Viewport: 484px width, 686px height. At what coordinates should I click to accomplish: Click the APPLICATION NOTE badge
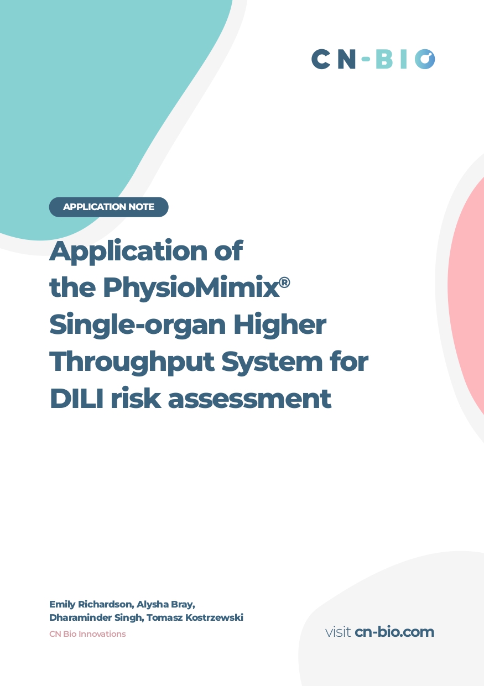(108, 207)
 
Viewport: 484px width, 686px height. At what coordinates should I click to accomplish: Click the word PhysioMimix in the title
(191, 287)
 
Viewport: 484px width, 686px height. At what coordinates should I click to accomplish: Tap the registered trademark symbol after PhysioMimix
(285, 282)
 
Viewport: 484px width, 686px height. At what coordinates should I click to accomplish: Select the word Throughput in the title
(132, 362)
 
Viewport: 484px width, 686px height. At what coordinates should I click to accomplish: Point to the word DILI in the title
(76, 399)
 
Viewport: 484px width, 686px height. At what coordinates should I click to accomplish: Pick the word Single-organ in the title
(138, 325)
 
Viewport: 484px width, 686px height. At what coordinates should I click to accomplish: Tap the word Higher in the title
(280, 324)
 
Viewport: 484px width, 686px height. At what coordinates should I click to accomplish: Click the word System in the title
(272, 362)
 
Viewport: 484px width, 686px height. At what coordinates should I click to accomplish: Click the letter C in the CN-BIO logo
(321, 59)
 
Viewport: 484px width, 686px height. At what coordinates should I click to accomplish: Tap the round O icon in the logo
(425, 59)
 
